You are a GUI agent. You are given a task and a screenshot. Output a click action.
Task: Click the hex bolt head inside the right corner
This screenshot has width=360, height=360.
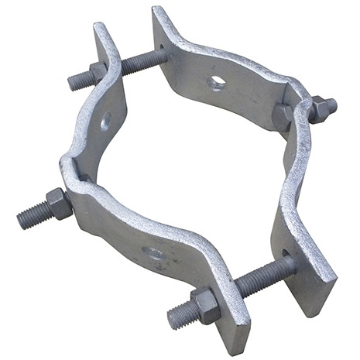click(x=283, y=116)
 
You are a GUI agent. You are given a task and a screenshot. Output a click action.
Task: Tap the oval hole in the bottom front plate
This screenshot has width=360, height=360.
click(x=154, y=252)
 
